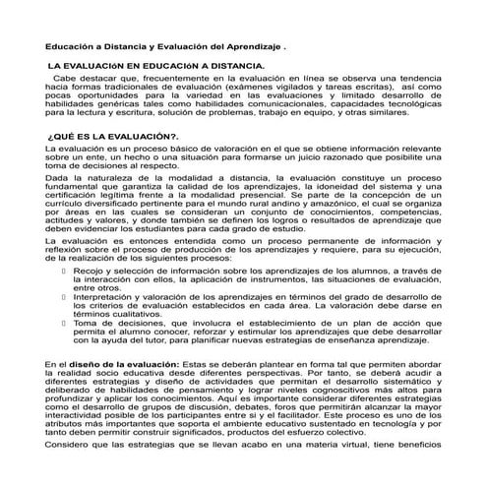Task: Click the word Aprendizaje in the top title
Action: [249, 46]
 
